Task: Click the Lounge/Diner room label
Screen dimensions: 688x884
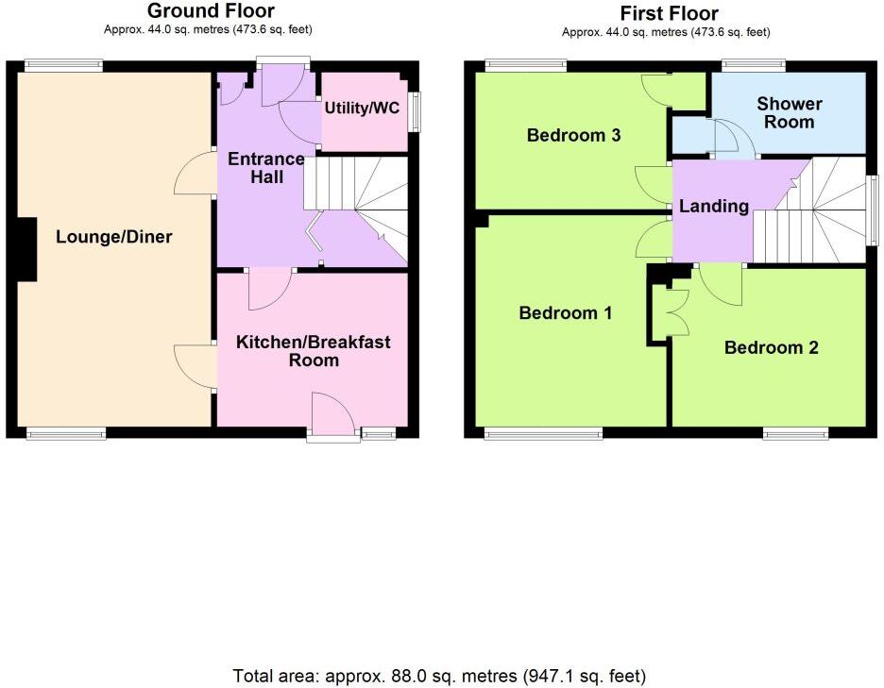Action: tap(113, 237)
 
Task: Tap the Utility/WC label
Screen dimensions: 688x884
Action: tap(362, 109)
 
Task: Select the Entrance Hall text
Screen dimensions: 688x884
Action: tap(265, 167)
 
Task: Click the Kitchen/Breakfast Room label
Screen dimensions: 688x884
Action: tap(313, 350)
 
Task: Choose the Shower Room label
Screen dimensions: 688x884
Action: tap(789, 112)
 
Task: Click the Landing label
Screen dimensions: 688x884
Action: tap(713, 206)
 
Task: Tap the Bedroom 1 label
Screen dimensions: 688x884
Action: tap(566, 312)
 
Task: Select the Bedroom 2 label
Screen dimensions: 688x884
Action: tap(771, 347)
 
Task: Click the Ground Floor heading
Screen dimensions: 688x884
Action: tap(211, 11)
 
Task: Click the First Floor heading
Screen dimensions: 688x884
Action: tap(669, 13)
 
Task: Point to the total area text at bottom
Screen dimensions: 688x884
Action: tap(439, 676)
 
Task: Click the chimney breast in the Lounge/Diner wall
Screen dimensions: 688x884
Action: tap(26, 249)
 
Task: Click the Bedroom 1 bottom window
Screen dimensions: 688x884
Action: tap(543, 434)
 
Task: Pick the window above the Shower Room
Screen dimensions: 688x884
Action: tap(753, 65)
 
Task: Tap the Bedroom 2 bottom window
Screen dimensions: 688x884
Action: tap(797, 434)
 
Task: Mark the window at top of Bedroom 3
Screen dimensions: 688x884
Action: tap(526, 65)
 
